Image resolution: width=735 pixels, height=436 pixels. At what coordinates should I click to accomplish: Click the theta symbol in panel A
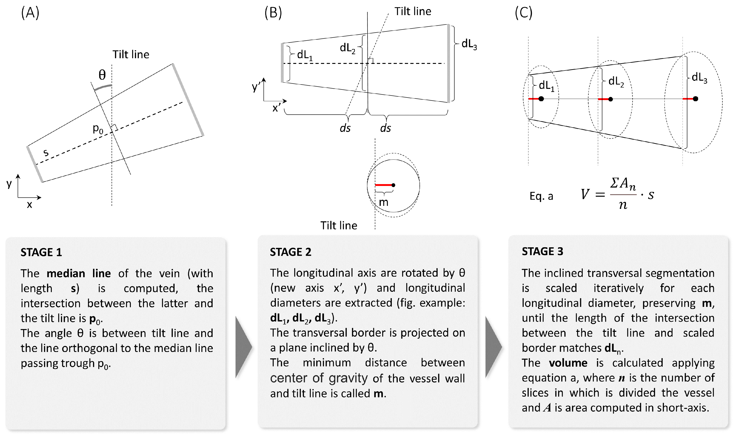click(x=102, y=75)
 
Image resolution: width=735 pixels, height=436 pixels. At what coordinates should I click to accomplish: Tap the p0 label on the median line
click(x=98, y=129)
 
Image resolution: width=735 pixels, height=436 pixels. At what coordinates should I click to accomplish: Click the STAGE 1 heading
click(x=41, y=252)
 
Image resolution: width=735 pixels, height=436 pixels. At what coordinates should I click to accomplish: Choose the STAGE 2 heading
click(x=290, y=252)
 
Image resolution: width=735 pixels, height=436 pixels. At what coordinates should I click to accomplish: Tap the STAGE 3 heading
click(x=542, y=251)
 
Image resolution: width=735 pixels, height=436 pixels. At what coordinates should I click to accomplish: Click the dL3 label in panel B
click(x=469, y=44)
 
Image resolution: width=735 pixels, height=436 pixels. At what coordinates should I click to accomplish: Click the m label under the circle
click(x=384, y=202)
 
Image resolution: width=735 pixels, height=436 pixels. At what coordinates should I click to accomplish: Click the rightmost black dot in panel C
click(x=695, y=99)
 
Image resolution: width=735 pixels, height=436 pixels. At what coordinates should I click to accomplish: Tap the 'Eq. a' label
click(x=541, y=196)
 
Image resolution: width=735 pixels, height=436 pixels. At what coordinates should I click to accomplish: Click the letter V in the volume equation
click(x=585, y=194)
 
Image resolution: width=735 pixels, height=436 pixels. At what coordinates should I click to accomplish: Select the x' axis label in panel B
click(x=276, y=108)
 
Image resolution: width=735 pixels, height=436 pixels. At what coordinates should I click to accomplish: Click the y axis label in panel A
click(x=9, y=184)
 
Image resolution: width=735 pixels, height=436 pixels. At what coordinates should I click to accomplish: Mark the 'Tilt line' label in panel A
click(x=131, y=55)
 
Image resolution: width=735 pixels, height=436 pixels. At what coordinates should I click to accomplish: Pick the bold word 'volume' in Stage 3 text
click(x=568, y=363)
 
